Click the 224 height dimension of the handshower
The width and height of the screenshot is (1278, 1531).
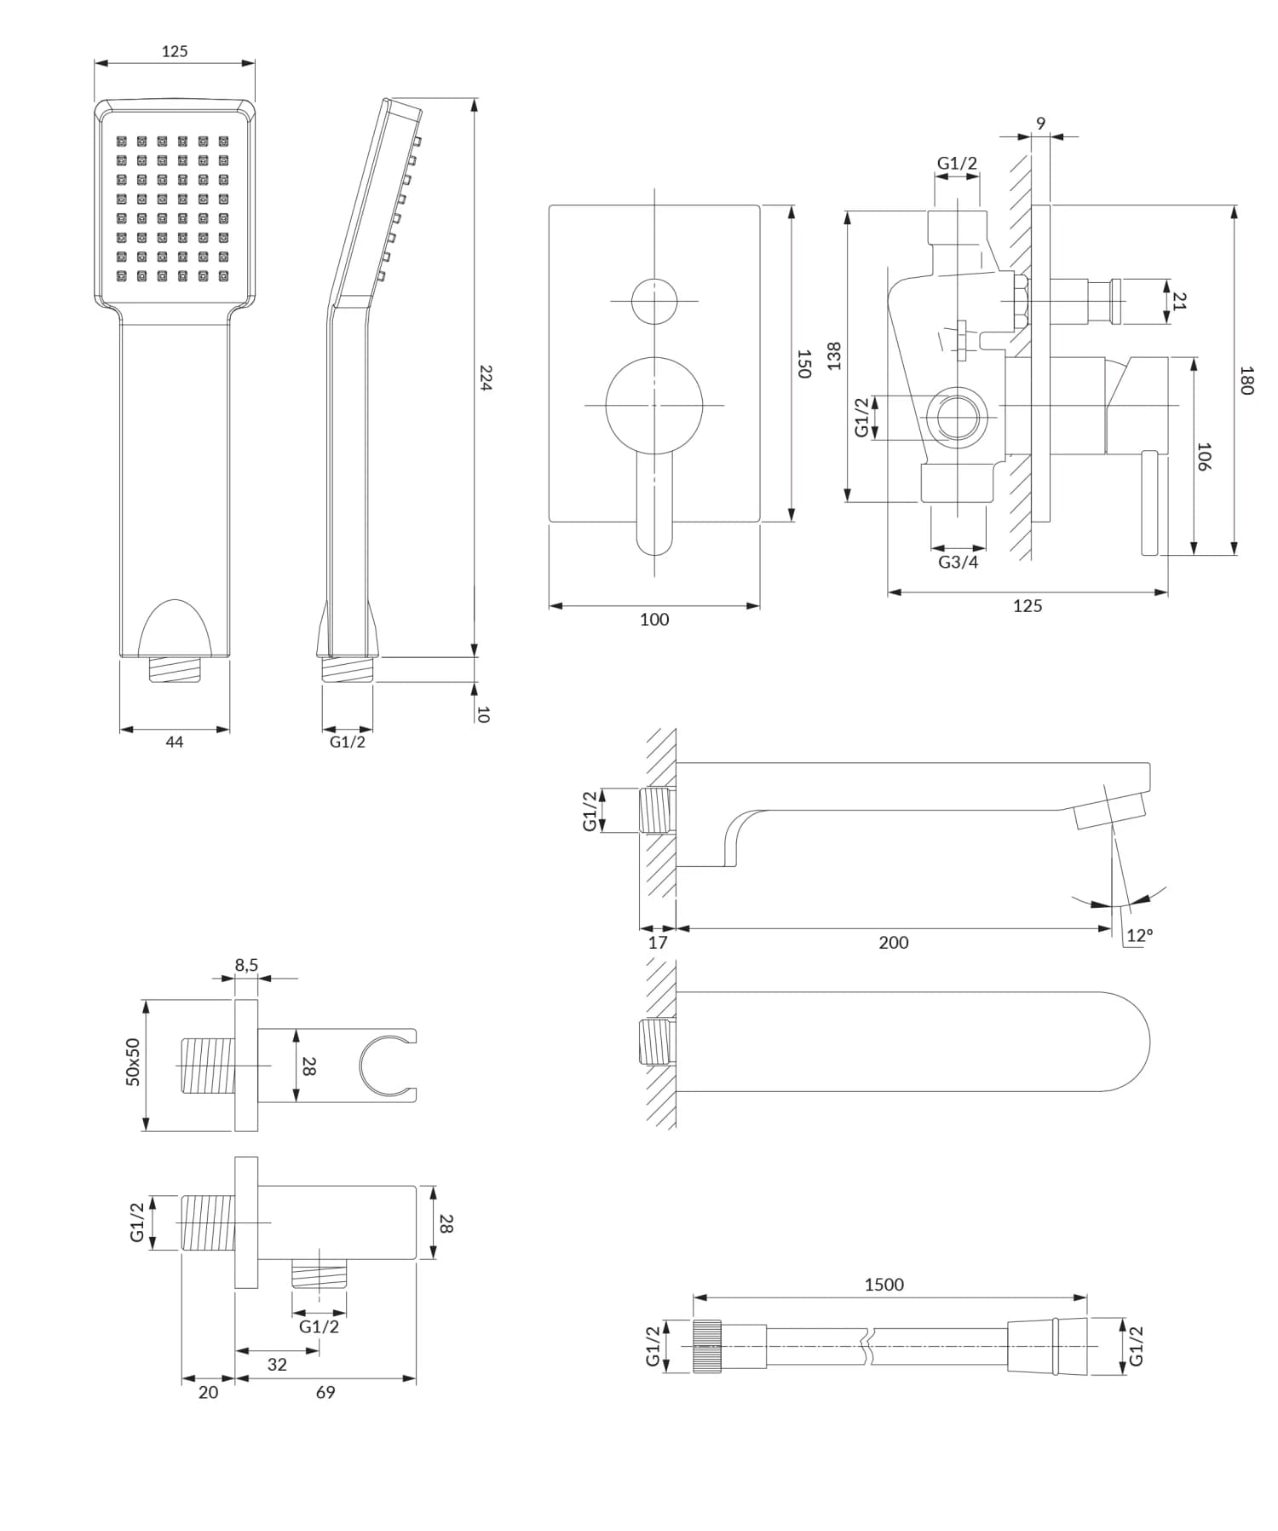486,378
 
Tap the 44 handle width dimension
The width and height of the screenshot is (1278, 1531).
174,742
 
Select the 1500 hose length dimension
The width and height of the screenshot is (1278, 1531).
884,1285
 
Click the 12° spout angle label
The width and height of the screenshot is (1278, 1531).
1139,935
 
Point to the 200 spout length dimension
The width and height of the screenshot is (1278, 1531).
893,943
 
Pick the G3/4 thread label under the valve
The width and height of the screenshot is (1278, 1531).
958,563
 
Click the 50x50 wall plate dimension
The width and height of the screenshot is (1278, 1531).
134,1062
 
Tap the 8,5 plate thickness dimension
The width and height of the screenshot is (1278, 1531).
246,965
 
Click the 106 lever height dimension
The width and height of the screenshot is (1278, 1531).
1204,457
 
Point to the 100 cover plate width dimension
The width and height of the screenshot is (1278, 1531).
654,620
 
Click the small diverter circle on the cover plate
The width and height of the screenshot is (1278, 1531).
654,301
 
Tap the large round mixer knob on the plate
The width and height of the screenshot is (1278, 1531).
654,406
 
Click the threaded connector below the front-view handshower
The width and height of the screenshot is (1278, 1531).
175,669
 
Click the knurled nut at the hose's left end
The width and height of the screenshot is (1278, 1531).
707,1347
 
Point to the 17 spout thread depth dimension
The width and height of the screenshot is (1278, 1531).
657,943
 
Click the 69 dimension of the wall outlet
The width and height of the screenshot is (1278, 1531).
325,1393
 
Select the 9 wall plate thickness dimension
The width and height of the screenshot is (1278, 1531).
1040,124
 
